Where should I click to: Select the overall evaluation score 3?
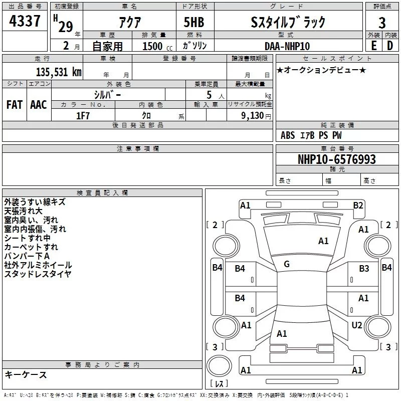click(382, 23)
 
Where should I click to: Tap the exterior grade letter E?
click(373, 45)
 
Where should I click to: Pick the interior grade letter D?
click(390, 45)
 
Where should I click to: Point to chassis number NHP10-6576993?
click(336, 159)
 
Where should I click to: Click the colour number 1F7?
click(83, 115)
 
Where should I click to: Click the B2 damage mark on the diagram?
click(358, 205)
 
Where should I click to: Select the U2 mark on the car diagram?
click(356, 325)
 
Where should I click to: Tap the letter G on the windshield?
click(287, 264)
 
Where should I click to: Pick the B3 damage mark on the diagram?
click(364, 269)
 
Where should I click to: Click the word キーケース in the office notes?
click(26, 375)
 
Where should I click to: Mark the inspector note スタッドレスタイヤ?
click(38, 274)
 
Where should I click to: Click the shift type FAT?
click(14, 104)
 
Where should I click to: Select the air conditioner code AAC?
click(39, 104)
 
